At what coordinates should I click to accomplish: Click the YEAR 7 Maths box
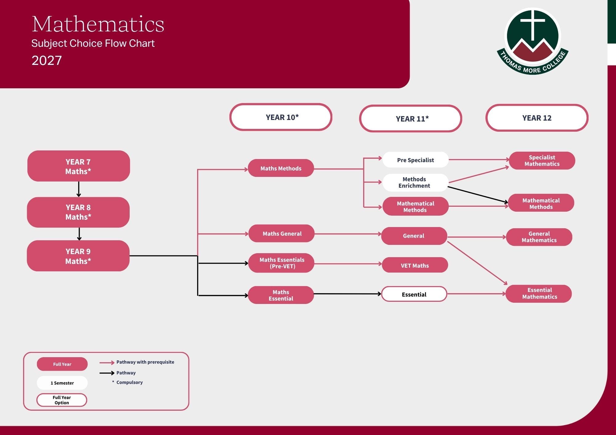pyautogui.click(x=79, y=166)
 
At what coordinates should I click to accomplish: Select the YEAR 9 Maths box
pyautogui.click(x=78, y=256)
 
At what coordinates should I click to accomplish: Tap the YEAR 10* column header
pyautogui.click(x=281, y=117)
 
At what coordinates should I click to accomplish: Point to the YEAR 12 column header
pyautogui.click(x=537, y=118)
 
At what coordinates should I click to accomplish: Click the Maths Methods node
pyautogui.click(x=281, y=168)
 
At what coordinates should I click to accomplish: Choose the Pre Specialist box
pyautogui.click(x=415, y=160)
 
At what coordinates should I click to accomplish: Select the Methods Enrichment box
pyautogui.click(x=415, y=182)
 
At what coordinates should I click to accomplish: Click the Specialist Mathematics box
pyautogui.click(x=542, y=161)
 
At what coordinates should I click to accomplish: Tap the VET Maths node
pyautogui.click(x=415, y=265)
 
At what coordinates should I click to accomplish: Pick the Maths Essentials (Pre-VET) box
pyautogui.click(x=281, y=263)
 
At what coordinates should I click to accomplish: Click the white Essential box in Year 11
pyautogui.click(x=414, y=294)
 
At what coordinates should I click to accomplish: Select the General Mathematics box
pyautogui.click(x=539, y=237)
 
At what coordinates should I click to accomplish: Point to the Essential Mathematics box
pyautogui.click(x=539, y=293)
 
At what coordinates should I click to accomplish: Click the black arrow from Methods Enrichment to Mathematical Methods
pyautogui.click(x=478, y=195)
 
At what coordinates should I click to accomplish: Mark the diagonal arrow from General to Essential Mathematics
pyautogui.click(x=477, y=263)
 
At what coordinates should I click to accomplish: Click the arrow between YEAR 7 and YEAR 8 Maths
pyautogui.click(x=79, y=189)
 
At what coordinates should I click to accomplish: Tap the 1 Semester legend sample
pyautogui.click(x=62, y=383)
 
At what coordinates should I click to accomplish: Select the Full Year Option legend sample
pyautogui.click(x=62, y=400)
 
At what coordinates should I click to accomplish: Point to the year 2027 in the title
pyautogui.click(x=47, y=61)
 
